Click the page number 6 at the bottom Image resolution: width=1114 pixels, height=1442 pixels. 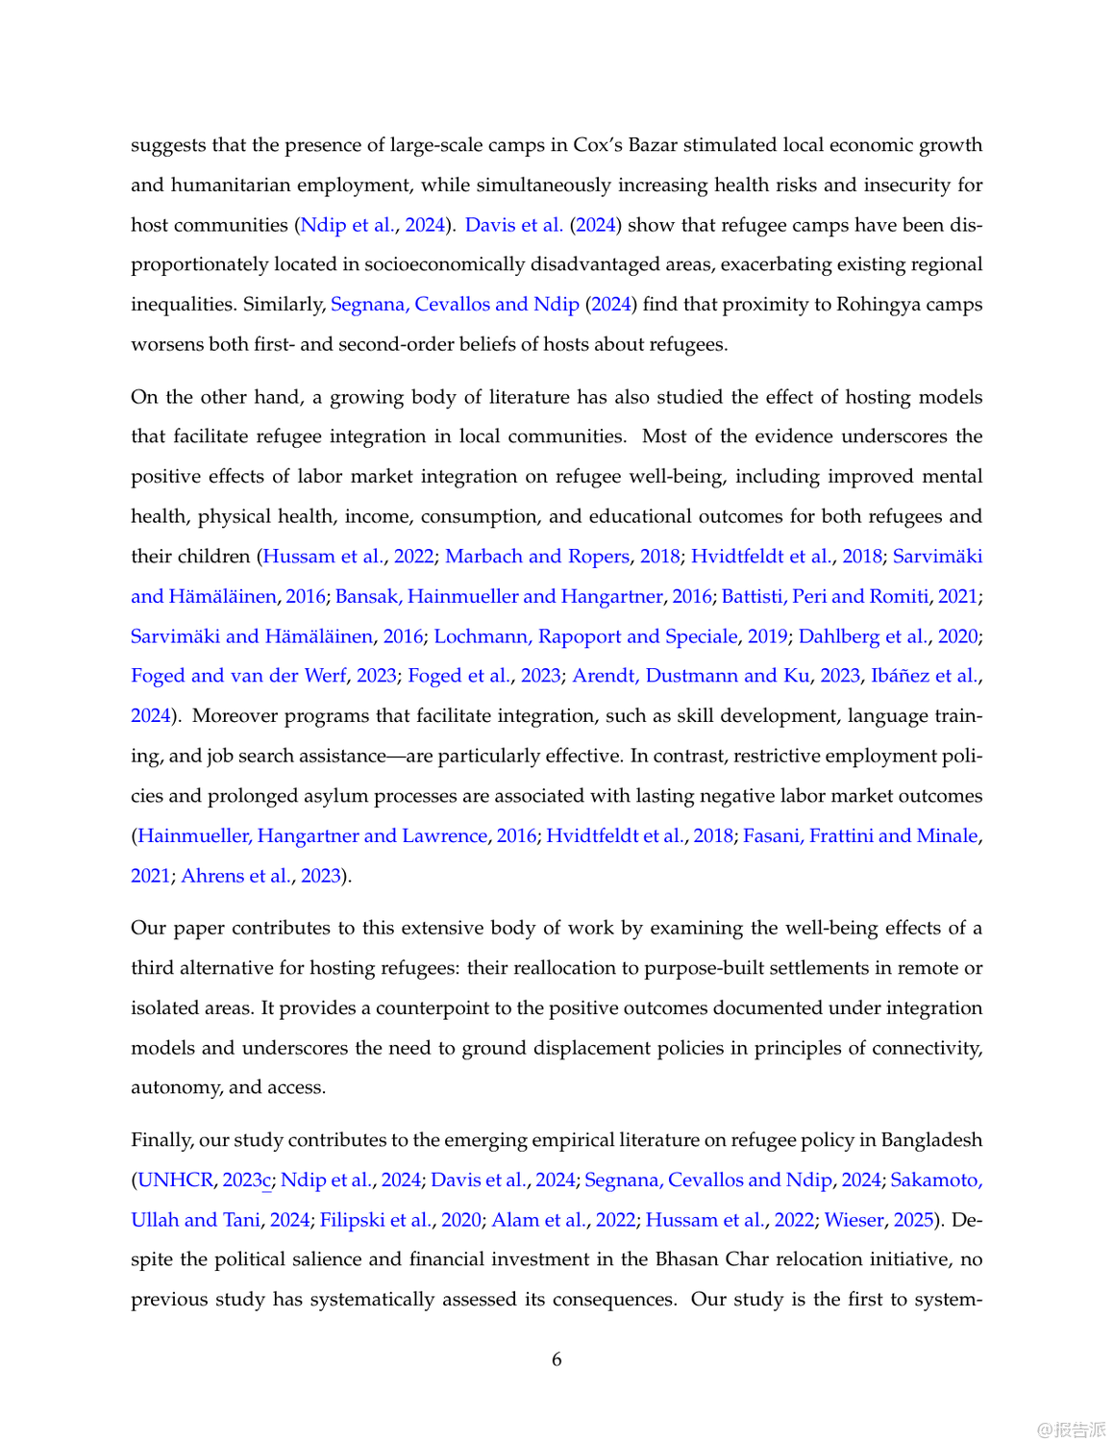[x=557, y=1359]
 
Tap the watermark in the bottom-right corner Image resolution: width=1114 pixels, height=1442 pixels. [x=1071, y=1429]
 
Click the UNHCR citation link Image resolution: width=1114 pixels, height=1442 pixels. [x=176, y=1180]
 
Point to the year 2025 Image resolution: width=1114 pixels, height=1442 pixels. [x=913, y=1220]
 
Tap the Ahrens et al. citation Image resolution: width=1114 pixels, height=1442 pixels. [x=235, y=876]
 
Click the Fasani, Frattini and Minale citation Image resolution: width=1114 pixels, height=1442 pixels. [x=860, y=835]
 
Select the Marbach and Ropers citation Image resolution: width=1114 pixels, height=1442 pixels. [x=537, y=557]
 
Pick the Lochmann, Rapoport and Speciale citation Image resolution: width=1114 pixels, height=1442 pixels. [x=585, y=636]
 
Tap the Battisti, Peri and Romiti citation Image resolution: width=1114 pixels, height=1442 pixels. [x=825, y=596]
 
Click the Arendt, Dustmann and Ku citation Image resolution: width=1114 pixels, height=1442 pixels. [x=691, y=676]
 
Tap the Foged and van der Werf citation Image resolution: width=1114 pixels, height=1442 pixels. [x=238, y=676]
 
